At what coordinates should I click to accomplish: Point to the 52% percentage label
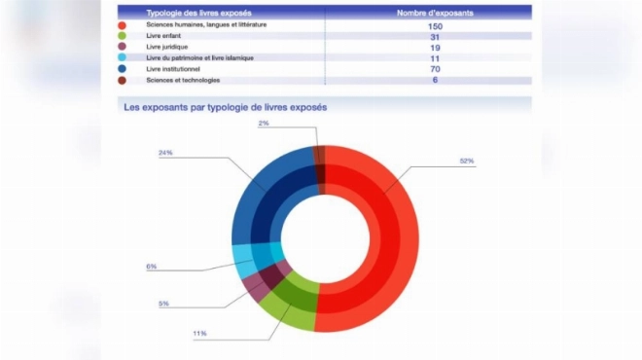[x=467, y=161]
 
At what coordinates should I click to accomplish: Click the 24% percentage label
[x=165, y=153]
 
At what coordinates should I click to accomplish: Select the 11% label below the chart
[x=199, y=334]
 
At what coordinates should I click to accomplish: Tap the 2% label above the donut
[x=264, y=123]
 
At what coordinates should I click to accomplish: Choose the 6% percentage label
[x=152, y=267]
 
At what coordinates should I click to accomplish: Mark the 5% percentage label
[x=163, y=304]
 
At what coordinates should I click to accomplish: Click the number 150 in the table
[x=435, y=26]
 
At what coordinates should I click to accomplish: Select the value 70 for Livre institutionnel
[x=435, y=69]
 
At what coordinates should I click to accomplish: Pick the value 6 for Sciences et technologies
[x=435, y=80]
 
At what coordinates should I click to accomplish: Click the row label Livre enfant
[x=163, y=36]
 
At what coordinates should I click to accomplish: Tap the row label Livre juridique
[x=167, y=47]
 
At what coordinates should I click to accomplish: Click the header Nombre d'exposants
[x=435, y=13]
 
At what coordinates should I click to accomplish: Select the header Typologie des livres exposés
[x=199, y=13]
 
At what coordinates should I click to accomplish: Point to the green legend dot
[x=122, y=36]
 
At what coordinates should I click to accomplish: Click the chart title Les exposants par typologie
[x=226, y=107]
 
